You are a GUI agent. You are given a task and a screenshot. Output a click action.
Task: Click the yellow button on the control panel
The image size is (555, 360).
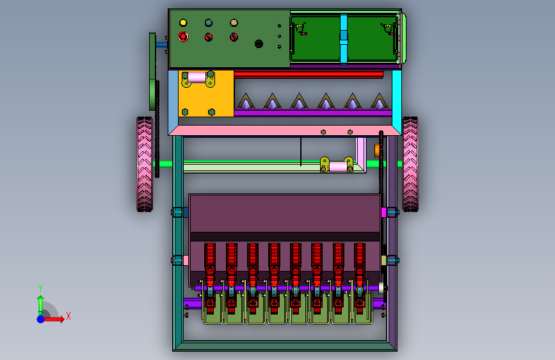pyautogui.click(x=183, y=23)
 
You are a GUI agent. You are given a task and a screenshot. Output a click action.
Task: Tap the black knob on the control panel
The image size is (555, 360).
pyautogui.click(x=259, y=44)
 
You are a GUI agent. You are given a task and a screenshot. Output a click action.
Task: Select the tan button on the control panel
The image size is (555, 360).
pyautogui.click(x=234, y=23)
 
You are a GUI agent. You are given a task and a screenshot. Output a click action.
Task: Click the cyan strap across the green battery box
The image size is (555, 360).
pyautogui.click(x=343, y=39)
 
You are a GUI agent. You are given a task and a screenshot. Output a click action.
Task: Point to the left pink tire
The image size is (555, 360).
pyautogui.click(x=145, y=164)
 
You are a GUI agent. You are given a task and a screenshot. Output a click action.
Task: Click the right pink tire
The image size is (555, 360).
pyautogui.click(x=410, y=164)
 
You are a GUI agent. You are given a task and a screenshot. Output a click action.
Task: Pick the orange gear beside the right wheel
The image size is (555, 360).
pyautogui.click(x=377, y=151)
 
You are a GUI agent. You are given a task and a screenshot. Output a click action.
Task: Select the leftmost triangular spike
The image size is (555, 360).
pyautogui.click(x=245, y=101)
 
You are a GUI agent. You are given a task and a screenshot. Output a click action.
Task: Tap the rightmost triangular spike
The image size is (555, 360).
pyautogui.click(x=379, y=101)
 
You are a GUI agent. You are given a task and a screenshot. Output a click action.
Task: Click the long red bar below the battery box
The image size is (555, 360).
pyautogui.click(x=309, y=74)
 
